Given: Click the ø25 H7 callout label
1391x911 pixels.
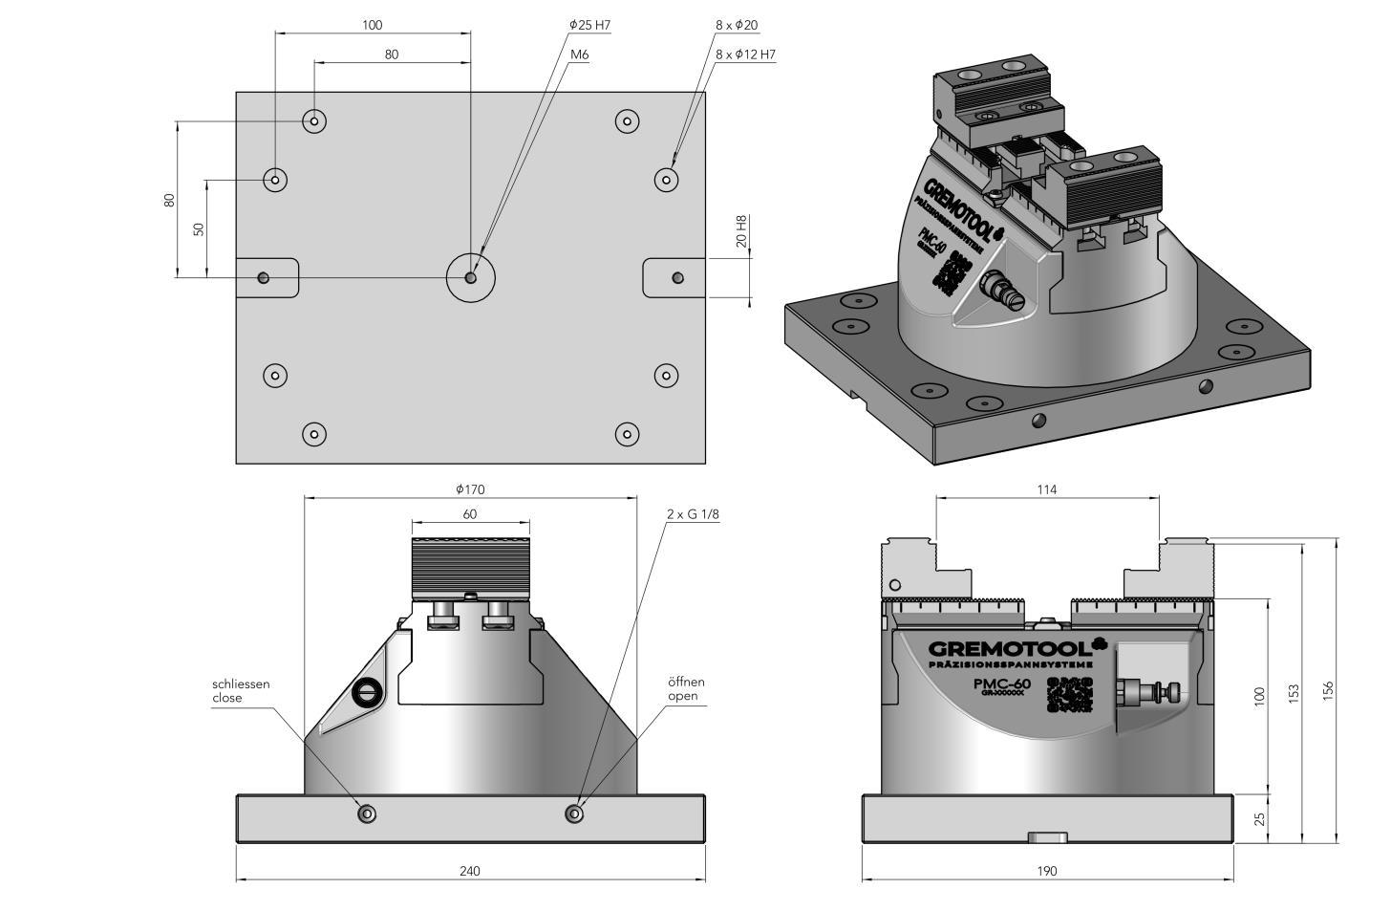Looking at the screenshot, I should point(588,25).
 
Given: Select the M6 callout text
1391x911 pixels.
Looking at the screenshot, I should point(579,54).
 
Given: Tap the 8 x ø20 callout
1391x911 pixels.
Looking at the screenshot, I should point(737,25).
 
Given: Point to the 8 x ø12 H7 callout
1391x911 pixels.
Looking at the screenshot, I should point(745,54).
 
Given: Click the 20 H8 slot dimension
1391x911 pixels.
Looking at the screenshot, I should point(740,231).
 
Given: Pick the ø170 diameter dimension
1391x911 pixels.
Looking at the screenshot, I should point(470,489).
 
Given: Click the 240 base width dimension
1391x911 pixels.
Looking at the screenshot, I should point(469,871).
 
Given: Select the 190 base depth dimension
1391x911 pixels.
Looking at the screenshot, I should point(1047,871).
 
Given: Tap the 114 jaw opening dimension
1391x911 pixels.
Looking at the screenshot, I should point(1047,489).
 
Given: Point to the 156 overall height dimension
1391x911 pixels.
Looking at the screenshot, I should point(1328,691).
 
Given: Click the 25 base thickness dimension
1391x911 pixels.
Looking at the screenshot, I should point(1259,819).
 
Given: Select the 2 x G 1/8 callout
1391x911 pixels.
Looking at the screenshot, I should point(693,514).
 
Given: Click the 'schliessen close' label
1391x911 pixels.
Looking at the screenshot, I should point(241,691).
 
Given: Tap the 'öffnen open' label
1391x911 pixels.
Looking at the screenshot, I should point(686,689).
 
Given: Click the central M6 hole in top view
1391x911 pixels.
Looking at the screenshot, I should point(470,277).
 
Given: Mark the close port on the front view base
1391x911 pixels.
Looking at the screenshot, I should point(367,813).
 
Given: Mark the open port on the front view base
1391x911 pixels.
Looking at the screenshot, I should point(573,813).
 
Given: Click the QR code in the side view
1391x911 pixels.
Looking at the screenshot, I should point(1069,694).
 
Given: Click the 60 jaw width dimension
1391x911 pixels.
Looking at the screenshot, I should point(470,514).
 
